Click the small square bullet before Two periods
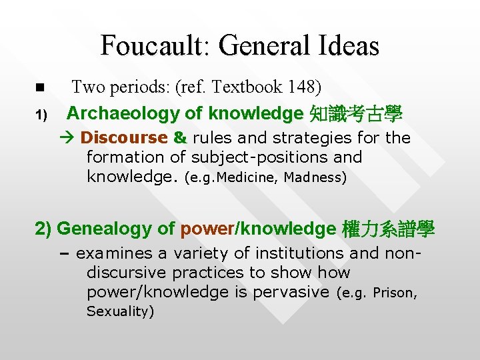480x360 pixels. click(39, 87)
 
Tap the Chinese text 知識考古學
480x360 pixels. click(356, 114)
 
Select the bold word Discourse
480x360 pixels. click(124, 138)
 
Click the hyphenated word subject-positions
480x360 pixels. click(272, 157)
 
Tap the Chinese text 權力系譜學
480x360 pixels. click(387, 229)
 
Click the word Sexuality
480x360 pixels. click(120, 311)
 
